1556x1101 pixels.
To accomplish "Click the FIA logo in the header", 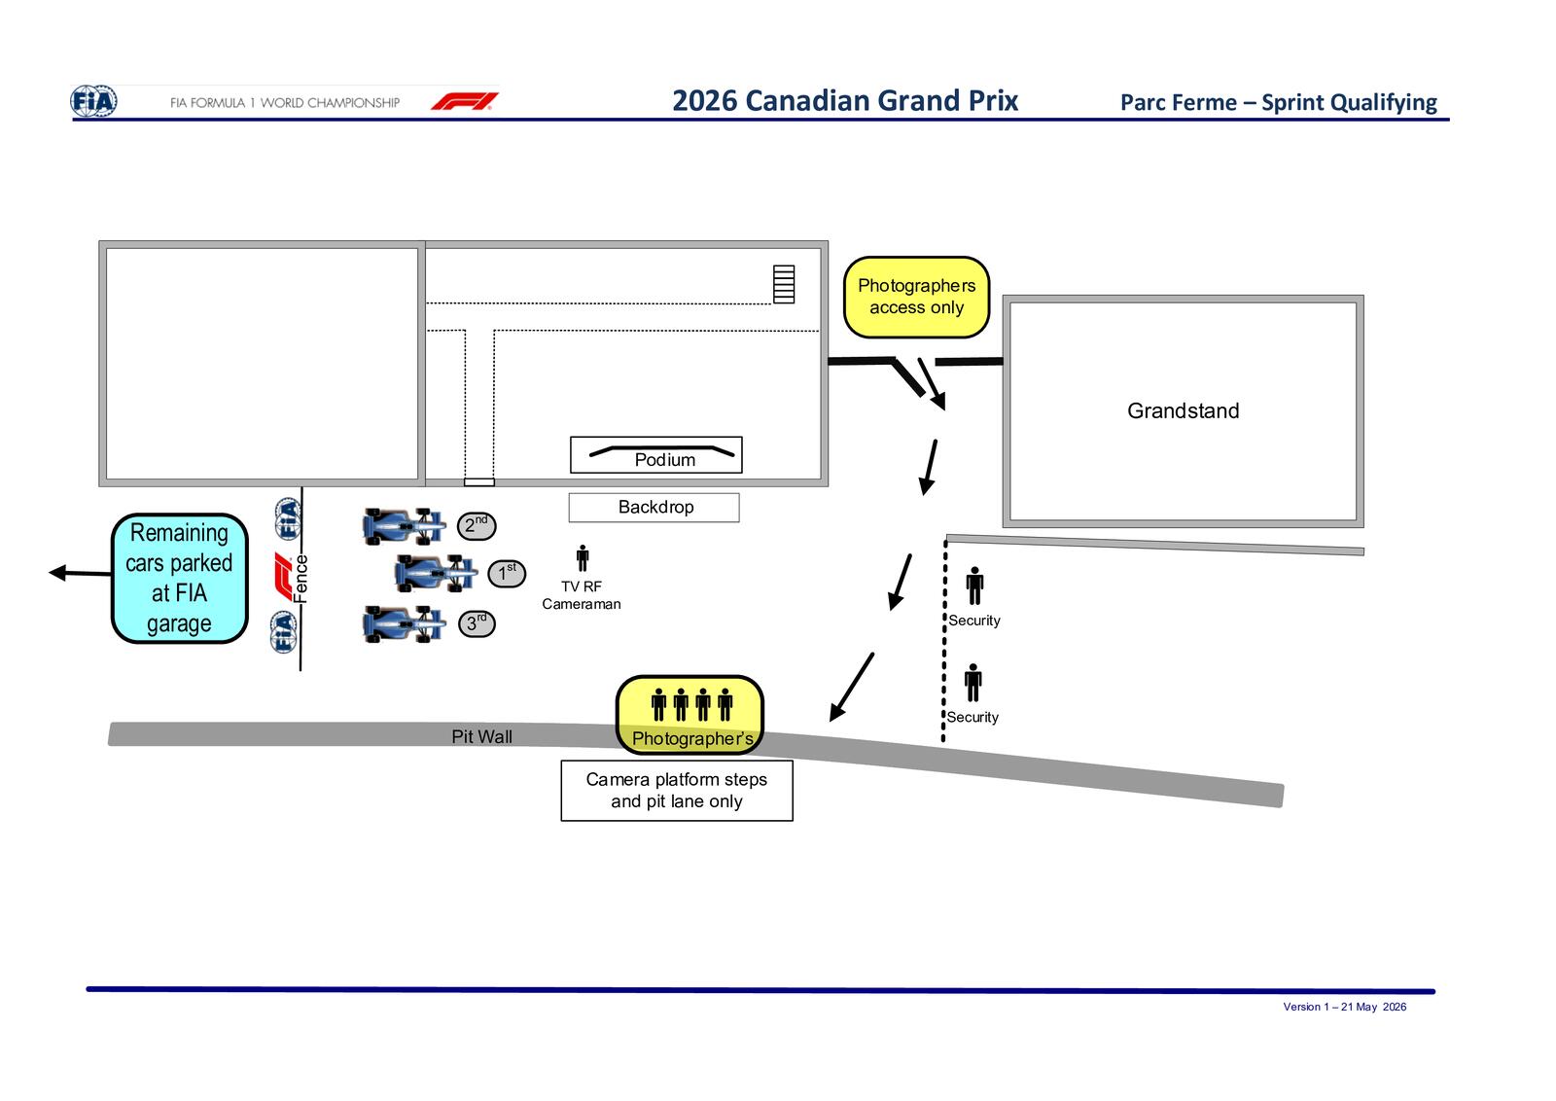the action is coord(93,101).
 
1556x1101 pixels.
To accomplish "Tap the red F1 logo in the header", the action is coord(465,101).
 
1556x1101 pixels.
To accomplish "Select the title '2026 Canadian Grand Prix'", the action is coord(845,101).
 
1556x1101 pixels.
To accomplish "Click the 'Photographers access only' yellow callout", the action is coord(916,298).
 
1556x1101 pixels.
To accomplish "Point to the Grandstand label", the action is coord(1183,410).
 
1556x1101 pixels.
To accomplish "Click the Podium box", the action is coord(655,455).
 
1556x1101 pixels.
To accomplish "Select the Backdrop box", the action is coord(654,507).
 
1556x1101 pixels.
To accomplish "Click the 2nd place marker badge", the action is coord(477,526).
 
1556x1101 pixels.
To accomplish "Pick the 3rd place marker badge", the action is coord(477,623).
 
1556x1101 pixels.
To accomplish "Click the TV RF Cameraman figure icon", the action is coord(583,558).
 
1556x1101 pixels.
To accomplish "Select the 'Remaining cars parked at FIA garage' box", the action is coord(179,578).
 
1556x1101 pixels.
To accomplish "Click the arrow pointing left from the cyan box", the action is coord(80,573).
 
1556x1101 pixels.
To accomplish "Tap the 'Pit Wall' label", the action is coord(482,736).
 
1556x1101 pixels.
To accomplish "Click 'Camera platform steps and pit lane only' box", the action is coord(677,791).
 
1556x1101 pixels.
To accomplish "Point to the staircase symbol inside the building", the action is coord(784,284).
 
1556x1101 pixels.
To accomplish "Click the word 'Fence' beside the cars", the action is coord(301,578).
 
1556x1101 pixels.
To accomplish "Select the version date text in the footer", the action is coord(1344,1007).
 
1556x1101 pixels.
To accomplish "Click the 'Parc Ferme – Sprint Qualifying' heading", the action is coord(1278,103).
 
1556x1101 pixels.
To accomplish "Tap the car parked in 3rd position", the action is coord(404,623).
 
